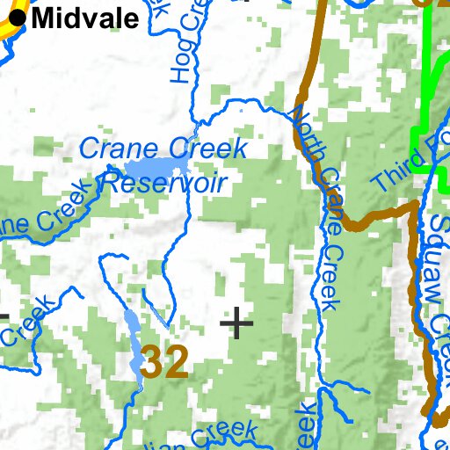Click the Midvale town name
pyautogui.click(x=85, y=18)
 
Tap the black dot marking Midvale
pyautogui.click(x=17, y=16)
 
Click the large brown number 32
pyautogui.click(x=164, y=361)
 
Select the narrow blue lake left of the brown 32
pyautogui.click(x=132, y=338)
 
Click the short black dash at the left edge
pyautogui.click(x=4, y=316)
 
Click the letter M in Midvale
pyautogui.click(x=42, y=18)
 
